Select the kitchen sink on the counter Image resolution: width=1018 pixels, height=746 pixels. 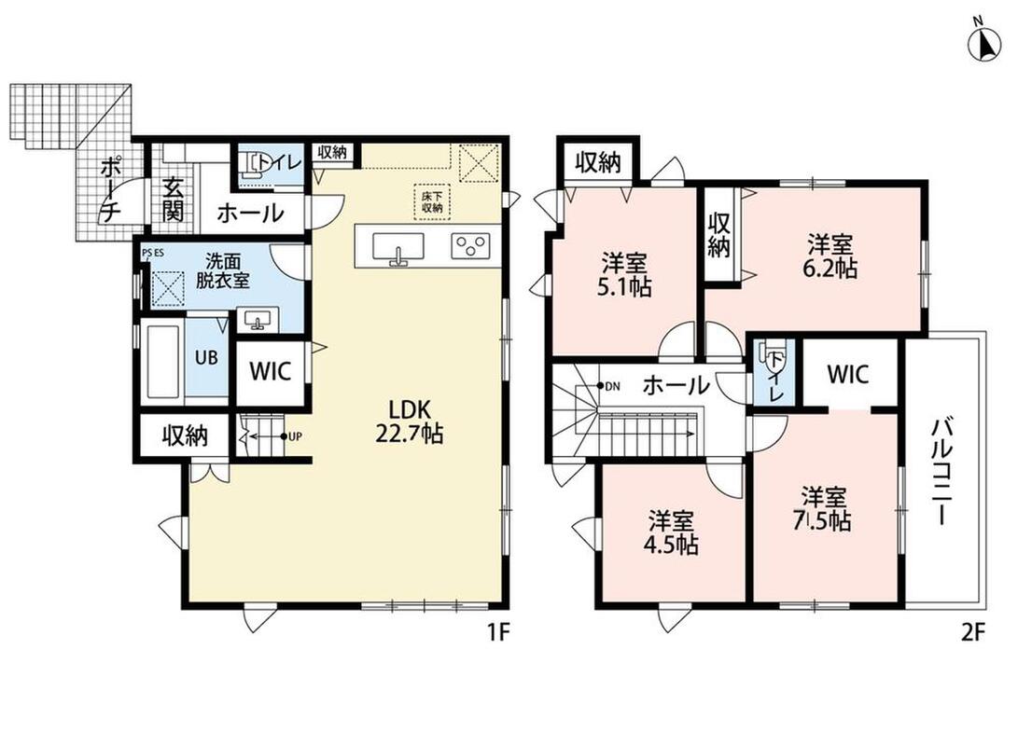(x=398, y=249)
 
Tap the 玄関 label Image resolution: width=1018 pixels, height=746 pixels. (x=173, y=200)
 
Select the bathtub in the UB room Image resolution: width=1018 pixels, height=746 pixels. (x=163, y=361)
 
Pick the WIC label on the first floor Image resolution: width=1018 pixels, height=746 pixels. (x=271, y=372)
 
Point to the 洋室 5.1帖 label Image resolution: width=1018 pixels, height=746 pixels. (x=624, y=275)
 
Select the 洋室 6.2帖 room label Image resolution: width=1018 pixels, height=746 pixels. (x=830, y=256)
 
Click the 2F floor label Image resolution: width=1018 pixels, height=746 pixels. (x=973, y=632)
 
